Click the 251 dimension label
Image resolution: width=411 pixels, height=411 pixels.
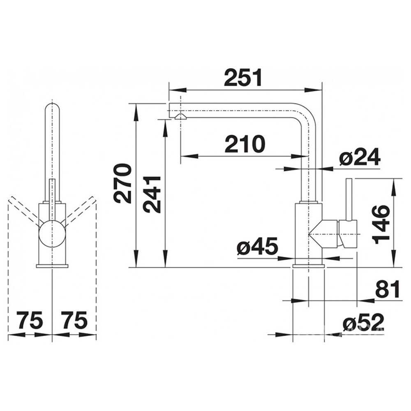(x=243, y=78)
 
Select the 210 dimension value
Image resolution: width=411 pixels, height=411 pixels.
(x=245, y=144)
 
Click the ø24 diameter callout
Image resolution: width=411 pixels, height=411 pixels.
(x=360, y=157)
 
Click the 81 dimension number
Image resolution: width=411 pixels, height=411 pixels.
(x=388, y=289)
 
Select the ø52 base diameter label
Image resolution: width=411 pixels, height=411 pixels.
(x=364, y=322)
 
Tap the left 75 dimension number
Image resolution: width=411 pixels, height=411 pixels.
(x=30, y=320)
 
